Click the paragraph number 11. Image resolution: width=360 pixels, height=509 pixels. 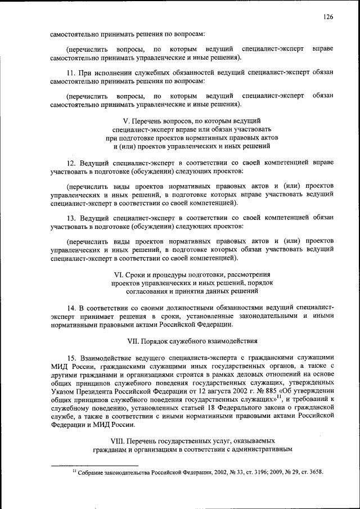(x=71, y=73)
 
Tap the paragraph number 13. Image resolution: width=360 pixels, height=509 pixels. (x=71, y=217)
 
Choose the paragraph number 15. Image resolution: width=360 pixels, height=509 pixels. (x=71, y=357)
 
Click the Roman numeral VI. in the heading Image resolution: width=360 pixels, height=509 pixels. (x=119, y=274)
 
